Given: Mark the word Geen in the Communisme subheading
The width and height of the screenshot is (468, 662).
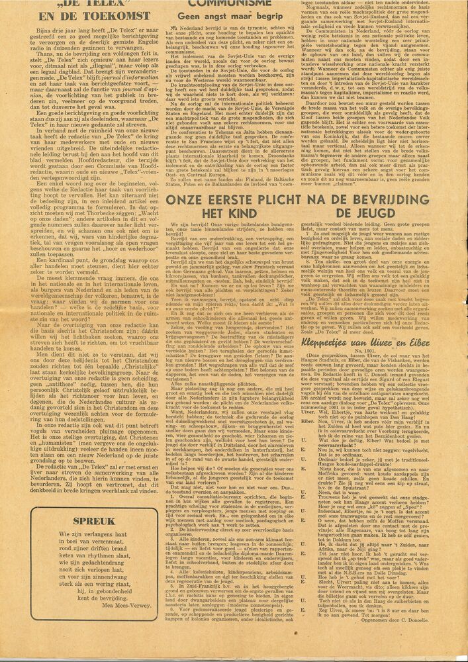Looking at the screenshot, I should pyautogui.click(x=185, y=16).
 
